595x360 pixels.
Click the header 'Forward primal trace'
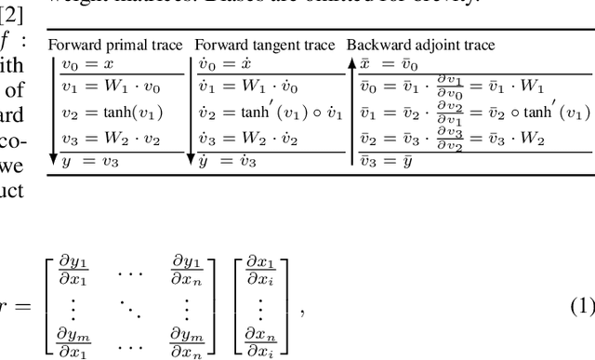[x=118, y=45]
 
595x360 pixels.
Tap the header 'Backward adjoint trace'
[x=420, y=45]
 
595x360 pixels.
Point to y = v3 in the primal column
[x=85, y=159]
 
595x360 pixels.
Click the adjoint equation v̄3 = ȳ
[x=391, y=159]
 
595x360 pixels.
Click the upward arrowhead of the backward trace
[x=351, y=63]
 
